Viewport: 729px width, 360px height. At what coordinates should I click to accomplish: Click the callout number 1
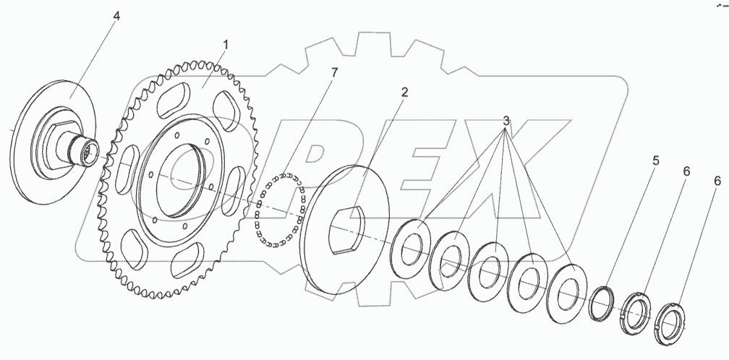point(226,45)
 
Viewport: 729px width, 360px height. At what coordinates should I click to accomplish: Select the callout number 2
point(404,92)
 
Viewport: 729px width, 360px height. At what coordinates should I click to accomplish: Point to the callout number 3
point(506,121)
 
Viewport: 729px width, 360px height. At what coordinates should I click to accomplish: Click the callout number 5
point(655,161)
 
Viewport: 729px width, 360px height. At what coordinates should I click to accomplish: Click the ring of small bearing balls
point(281,210)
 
